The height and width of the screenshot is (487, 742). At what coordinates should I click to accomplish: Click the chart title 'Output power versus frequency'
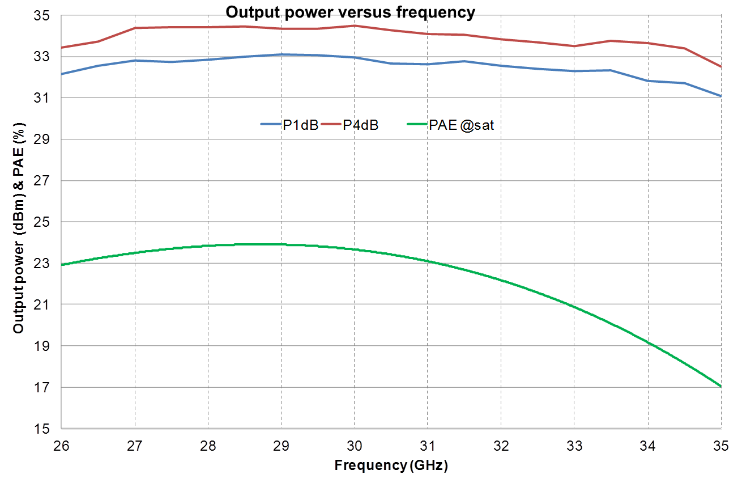(350, 12)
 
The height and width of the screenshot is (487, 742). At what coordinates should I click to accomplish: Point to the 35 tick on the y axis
(43, 16)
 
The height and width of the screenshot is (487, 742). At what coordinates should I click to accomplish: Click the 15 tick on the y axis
(43, 429)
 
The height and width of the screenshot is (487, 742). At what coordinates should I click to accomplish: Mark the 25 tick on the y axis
(43, 222)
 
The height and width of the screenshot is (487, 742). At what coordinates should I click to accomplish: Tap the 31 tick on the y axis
(43, 98)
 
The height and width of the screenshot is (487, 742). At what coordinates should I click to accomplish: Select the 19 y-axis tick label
(43, 346)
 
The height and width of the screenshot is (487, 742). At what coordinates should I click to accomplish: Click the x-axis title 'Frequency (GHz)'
(391, 466)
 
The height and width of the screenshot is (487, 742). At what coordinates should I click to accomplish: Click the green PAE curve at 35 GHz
(720, 386)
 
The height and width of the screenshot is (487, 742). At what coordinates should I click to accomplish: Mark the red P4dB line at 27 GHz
(135, 28)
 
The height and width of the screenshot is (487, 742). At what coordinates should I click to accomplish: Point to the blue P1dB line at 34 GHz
(647, 81)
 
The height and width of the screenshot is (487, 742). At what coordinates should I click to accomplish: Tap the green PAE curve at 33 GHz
(574, 307)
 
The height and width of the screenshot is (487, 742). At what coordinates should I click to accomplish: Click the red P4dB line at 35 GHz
(720, 67)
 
